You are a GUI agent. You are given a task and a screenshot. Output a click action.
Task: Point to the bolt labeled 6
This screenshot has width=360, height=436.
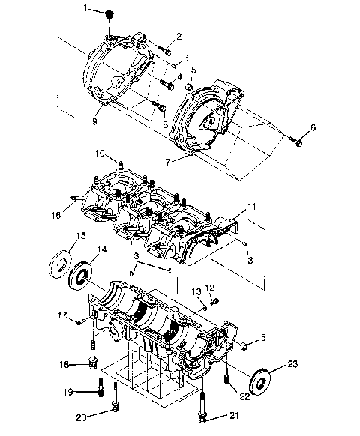(298, 140)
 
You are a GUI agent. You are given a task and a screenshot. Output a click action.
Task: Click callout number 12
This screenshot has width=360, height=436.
(211, 288)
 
